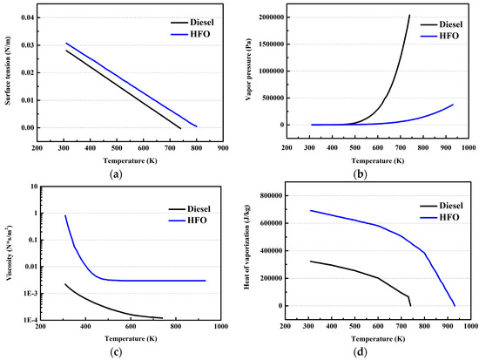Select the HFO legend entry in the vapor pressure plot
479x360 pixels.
(440, 36)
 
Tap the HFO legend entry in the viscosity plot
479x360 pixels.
(187, 221)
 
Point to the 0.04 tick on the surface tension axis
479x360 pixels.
(27, 17)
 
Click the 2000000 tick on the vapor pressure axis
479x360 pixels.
(271, 17)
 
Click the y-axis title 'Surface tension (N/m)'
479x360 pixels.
(8, 73)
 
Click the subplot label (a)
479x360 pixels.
(116, 174)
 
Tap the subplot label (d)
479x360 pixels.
(361, 352)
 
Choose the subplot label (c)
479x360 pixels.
(116, 352)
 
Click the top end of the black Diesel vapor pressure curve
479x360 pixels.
(409, 15)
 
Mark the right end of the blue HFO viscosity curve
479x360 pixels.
(206, 281)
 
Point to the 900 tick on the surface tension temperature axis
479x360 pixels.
(223, 148)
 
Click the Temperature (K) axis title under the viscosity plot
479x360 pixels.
(131, 338)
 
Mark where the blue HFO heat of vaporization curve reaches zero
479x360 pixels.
(455, 306)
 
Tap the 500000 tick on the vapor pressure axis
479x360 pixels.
(273, 98)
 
